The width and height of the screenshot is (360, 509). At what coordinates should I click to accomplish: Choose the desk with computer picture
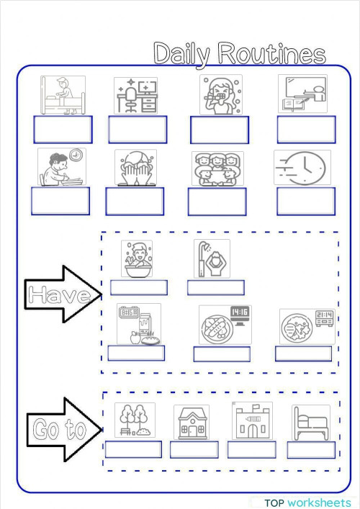click(135, 95)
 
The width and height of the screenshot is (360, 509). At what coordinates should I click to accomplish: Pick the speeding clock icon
click(302, 167)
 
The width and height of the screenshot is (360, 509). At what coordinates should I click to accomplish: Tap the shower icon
click(211, 258)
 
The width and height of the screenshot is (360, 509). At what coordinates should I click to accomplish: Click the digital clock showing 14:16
click(240, 312)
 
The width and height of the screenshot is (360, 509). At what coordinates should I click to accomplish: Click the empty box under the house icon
click(194, 449)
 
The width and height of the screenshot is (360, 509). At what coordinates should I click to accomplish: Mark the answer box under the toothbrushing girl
click(219, 130)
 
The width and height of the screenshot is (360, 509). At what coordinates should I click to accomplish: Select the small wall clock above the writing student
click(76, 155)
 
